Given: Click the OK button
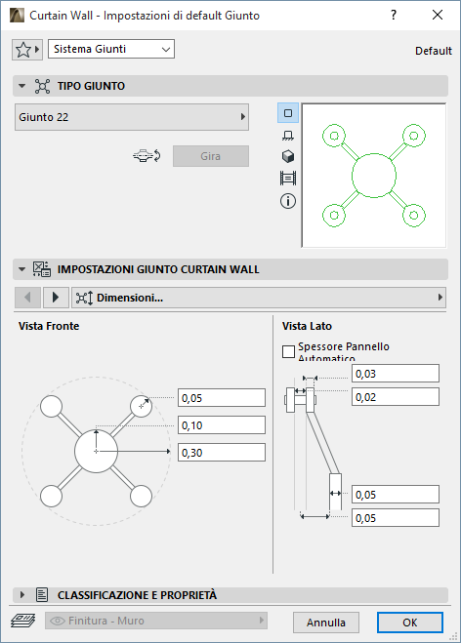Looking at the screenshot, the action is coord(409,623).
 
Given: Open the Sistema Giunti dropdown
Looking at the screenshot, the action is coord(111,49).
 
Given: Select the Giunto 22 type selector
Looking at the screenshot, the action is coord(132,117).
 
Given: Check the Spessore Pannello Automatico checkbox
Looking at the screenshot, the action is coord(288,351).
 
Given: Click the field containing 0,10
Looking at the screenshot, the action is coord(222,425).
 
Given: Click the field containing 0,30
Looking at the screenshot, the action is coord(222,453).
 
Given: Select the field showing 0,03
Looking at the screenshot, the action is coord(396,374).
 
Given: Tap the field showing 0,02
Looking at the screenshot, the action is coord(396,397).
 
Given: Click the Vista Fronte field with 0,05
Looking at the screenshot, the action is coord(222,398).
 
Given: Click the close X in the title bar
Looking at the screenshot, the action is coord(438,16).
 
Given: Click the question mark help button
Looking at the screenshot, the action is coord(394,16).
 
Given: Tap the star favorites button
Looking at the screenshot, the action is coord(27,50).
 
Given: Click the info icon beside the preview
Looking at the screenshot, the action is coord(288,201).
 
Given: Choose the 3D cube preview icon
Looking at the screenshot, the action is coord(288,156).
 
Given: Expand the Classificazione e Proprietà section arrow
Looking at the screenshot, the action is coord(22,594).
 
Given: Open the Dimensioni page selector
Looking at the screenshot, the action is coord(259,298).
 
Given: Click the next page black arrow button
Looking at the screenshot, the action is coord(56,297).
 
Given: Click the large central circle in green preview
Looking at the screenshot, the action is coord(374,154).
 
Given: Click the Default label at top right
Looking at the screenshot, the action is coord(433,51).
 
